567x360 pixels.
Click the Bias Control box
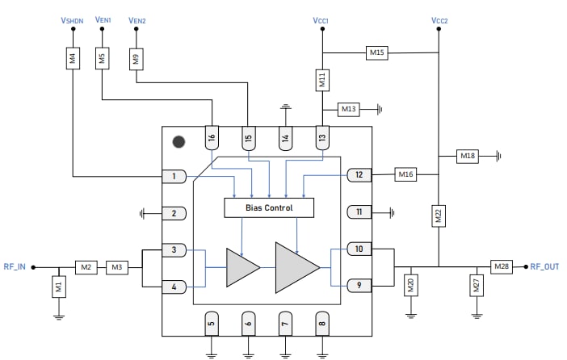(268, 207)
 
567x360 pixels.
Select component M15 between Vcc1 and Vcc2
(377, 52)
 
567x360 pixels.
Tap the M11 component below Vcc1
(321, 80)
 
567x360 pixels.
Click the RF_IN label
(15, 266)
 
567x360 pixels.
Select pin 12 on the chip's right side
(359, 174)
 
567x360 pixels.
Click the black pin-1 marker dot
(178, 142)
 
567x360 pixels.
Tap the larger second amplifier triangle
(296, 266)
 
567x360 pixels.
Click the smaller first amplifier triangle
(241, 266)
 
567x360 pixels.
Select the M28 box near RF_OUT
(501, 266)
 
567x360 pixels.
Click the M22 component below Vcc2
(439, 216)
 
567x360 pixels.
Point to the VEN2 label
(137, 19)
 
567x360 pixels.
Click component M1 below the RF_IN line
(58, 286)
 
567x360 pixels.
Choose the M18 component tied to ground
(468, 155)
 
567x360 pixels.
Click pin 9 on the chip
(359, 285)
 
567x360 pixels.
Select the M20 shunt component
(410, 285)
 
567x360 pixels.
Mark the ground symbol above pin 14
(284, 107)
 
